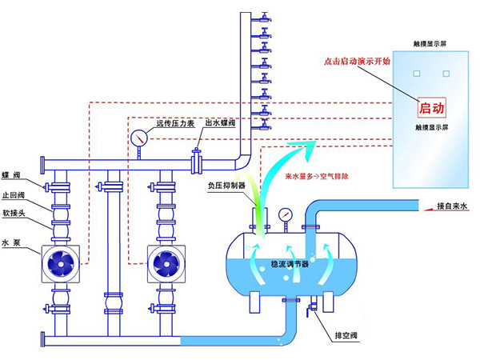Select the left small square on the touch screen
pos(416,74)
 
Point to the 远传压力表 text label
pos(175,124)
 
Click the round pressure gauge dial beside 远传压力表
pos(139,138)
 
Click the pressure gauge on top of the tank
pos(284,214)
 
